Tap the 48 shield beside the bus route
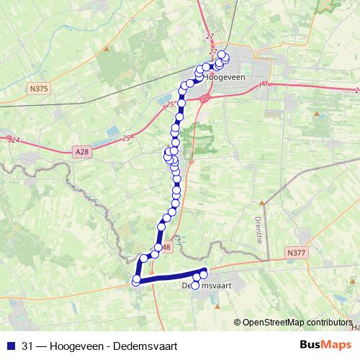(167, 248)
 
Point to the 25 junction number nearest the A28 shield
(127, 138)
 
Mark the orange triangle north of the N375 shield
(107, 50)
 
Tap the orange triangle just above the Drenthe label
(262, 203)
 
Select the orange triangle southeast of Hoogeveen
(316, 114)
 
